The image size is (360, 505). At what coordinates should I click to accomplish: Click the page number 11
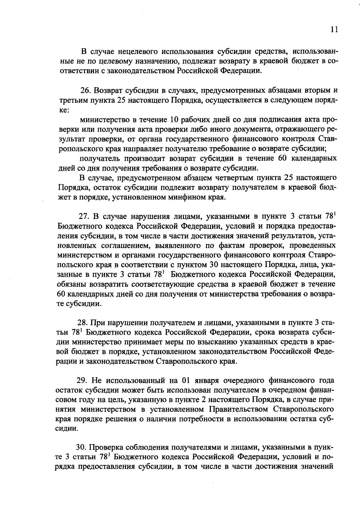(x=334, y=29)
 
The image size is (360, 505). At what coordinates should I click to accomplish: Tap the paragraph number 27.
(x=84, y=216)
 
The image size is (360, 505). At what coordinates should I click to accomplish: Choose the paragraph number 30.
(x=82, y=447)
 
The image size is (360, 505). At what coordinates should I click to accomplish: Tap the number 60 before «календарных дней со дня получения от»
(x=62, y=294)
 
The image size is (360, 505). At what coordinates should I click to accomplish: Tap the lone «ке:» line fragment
(x=64, y=110)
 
